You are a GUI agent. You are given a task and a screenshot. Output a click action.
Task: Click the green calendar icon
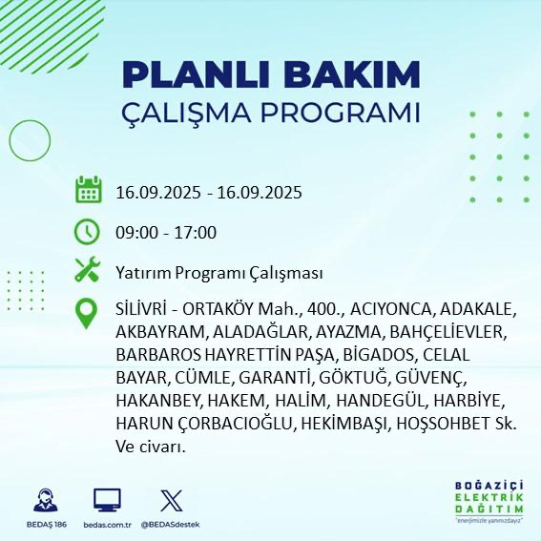pos(88,191)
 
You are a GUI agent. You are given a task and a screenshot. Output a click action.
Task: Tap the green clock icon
pos(88,232)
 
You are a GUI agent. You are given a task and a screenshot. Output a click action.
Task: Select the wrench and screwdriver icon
pos(88,272)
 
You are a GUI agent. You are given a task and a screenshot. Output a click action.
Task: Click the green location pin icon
pos(88,313)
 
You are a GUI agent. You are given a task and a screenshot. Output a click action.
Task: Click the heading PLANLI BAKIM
pos(271,74)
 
